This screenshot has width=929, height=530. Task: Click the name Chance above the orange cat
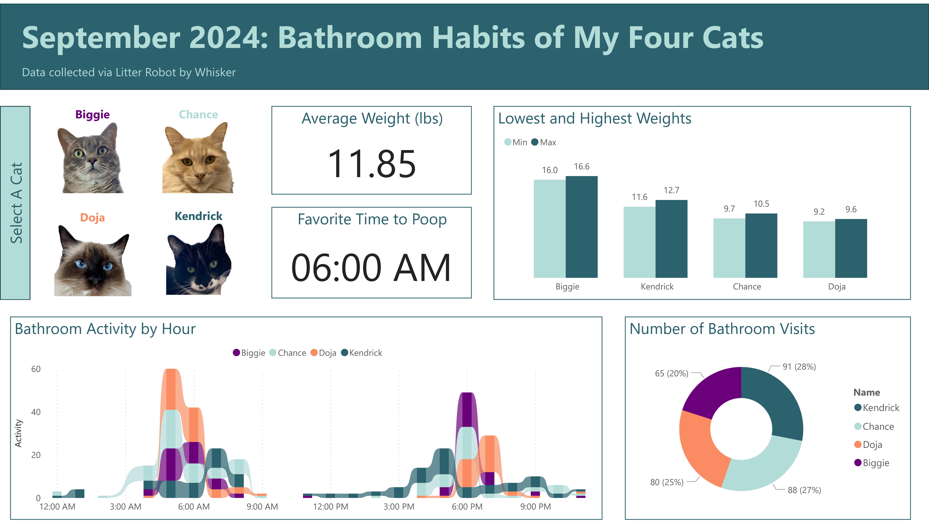198,115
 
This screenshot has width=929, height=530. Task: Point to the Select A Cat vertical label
16,203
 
